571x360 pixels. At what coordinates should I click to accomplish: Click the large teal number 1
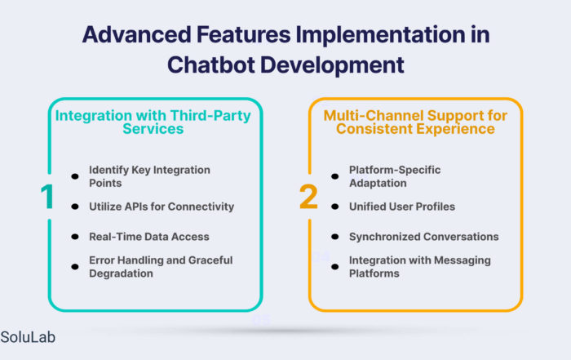point(47,197)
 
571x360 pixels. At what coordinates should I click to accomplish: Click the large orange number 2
point(308,197)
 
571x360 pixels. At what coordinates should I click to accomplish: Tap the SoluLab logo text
point(28,337)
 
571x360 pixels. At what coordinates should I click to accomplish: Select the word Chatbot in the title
point(211,64)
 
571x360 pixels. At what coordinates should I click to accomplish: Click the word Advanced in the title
point(136,34)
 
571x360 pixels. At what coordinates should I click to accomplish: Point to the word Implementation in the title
point(380,35)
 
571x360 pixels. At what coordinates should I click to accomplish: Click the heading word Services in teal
point(153,129)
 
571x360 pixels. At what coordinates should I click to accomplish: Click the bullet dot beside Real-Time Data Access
point(75,237)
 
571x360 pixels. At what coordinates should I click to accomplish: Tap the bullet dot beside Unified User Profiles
point(335,207)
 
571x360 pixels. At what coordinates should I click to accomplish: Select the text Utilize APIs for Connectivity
point(162,207)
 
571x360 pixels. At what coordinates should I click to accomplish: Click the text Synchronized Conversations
point(424,237)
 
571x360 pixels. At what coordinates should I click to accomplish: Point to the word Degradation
point(121,273)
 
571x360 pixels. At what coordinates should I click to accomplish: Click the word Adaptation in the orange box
point(378,183)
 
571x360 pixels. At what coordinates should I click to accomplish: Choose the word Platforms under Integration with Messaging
point(374,273)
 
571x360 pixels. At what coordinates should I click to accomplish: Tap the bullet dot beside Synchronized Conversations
point(335,237)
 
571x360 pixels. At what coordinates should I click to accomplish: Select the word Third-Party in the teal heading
point(210,116)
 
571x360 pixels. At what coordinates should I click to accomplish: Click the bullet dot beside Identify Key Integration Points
point(75,176)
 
